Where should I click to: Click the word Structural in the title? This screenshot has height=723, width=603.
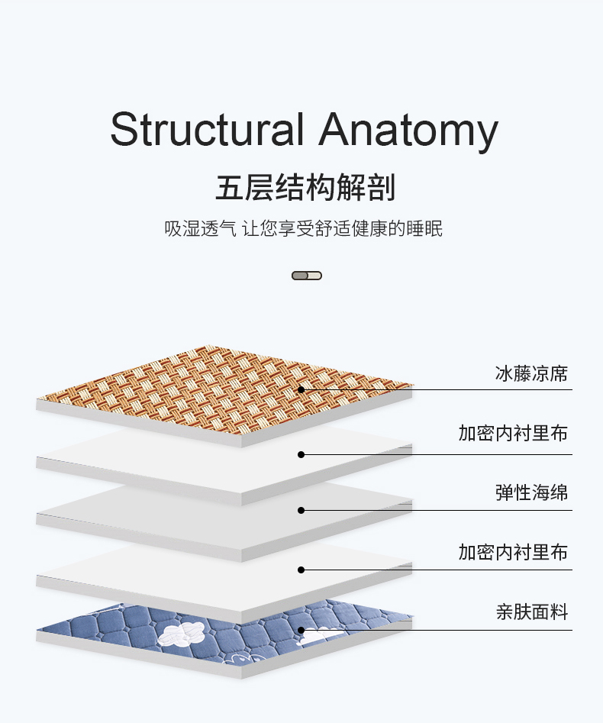click(207, 130)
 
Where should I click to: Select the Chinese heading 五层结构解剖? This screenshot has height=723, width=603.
click(305, 188)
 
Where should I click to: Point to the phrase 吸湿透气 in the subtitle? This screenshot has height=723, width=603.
click(195, 228)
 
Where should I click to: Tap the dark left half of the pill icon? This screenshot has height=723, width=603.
click(299, 276)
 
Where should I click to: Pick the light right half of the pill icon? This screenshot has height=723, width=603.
click(314, 276)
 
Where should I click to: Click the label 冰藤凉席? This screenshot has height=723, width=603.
click(531, 374)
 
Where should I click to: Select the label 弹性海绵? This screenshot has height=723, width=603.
click(531, 492)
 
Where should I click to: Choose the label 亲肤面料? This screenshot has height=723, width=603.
click(531, 612)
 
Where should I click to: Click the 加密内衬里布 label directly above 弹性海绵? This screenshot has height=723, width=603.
click(513, 434)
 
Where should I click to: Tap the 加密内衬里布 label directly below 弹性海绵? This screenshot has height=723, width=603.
click(513, 552)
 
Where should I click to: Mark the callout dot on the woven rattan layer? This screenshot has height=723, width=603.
click(301, 389)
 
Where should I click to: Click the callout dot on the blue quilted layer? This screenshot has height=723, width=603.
click(301, 631)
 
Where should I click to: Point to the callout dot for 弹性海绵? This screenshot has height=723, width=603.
click(301, 510)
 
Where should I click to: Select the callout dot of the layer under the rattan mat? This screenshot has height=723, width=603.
click(301, 454)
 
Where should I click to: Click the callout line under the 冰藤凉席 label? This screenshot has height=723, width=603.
click(458, 389)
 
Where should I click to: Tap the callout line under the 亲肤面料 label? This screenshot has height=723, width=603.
click(458, 631)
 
